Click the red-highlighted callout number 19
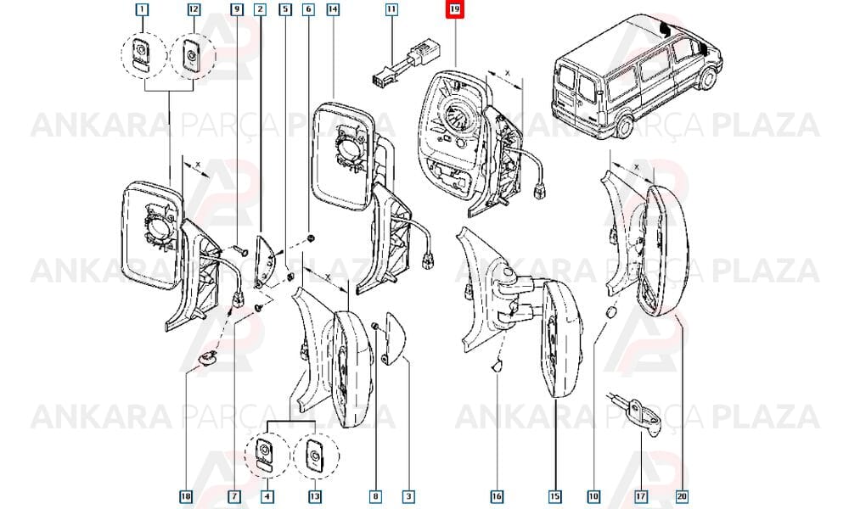pos(454,9)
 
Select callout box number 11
pos(391,9)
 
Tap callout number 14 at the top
pos(333,9)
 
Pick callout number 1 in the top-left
pos(142,9)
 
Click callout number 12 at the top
pos(194,9)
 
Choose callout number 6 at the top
pos(309,9)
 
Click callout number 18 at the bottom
pos(186,496)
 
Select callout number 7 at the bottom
pos(234,496)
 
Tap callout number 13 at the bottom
pos(315,496)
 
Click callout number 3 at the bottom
pos(409,496)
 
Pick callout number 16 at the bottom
pos(497,496)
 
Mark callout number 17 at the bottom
pos(641,496)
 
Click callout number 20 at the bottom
pos(682,496)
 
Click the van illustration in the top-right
pos(636,73)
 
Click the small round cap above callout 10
pos(610,314)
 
